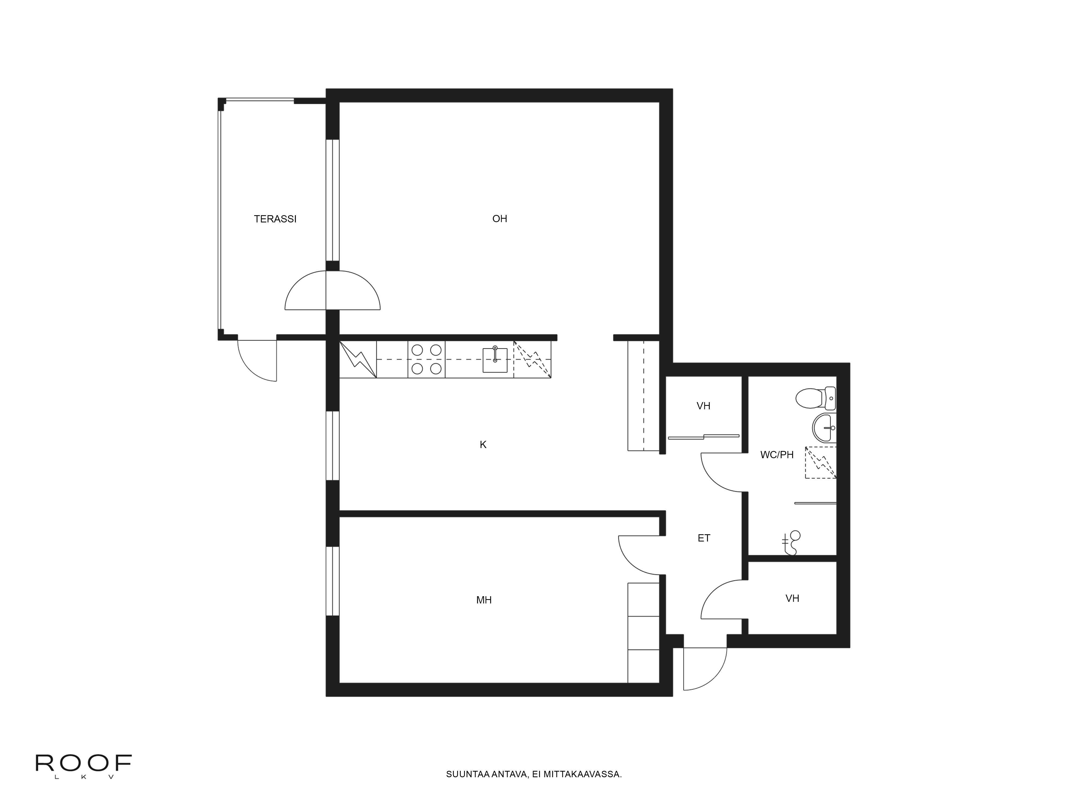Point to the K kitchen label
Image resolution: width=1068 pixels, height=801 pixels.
(x=483, y=445)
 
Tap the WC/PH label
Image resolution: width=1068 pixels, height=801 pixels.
(x=776, y=454)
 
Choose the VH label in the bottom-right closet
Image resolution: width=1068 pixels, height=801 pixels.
(x=792, y=599)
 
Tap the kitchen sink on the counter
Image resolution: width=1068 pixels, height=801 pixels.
(x=495, y=360)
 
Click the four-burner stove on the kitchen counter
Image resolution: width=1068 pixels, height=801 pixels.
(x=426, y=359)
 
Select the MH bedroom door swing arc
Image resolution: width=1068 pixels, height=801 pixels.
(x=637, y=555)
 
